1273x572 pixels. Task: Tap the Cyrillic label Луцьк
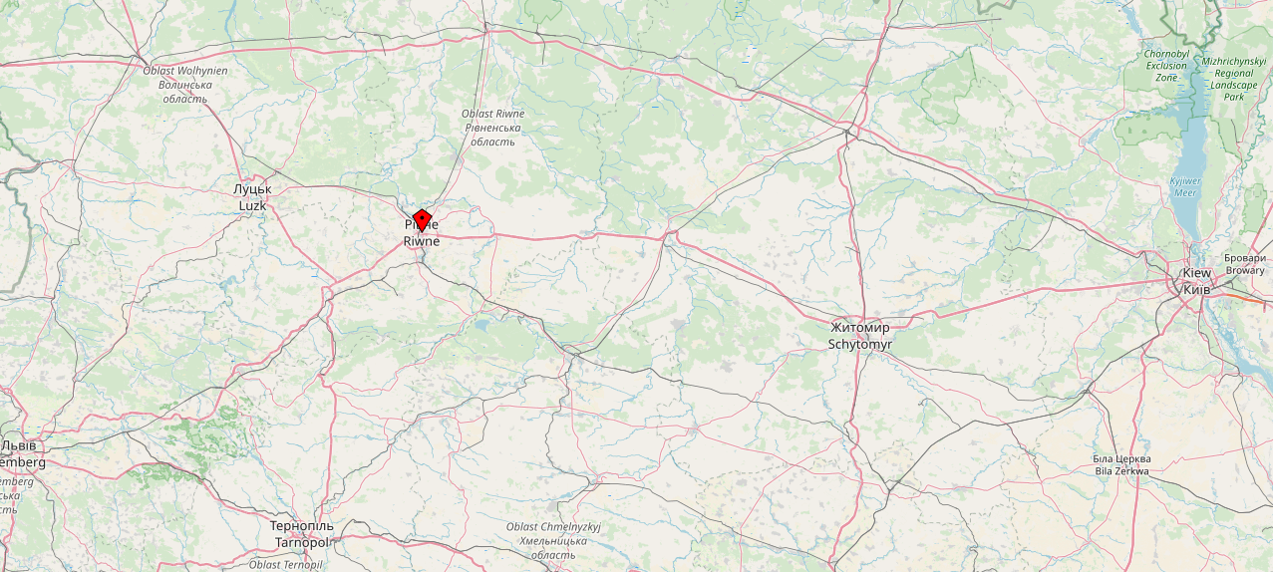click(x=252, y=188)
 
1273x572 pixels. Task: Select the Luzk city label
click(x=252, y=205)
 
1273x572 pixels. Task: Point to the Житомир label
click(x=859, y=327)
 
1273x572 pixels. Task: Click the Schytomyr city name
click(x=860, y=344)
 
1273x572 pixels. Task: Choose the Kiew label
click(x=1196, y=273)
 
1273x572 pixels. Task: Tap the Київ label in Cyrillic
click(x=1196, y=289)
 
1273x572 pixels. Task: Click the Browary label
click(x=1245, y=270)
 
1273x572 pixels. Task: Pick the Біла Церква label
click(x=1121, y=458)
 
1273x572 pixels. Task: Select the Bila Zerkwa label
click(x=1121, y=471)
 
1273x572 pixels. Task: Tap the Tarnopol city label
click(x=301, y=542)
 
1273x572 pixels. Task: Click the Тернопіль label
click(x=301, y=525)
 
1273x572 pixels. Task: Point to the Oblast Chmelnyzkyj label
click(x=552, y=526)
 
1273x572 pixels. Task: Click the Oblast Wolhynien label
click(x=185, y=71)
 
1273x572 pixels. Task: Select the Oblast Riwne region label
click(x=492, y=114)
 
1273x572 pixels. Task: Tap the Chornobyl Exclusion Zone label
click(x=1166, y=65)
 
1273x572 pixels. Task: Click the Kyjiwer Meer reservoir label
click(x=1185, y=187)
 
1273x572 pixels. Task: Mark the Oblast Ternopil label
click(x=286, y=565)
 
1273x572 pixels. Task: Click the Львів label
click(x=20, y=445)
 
